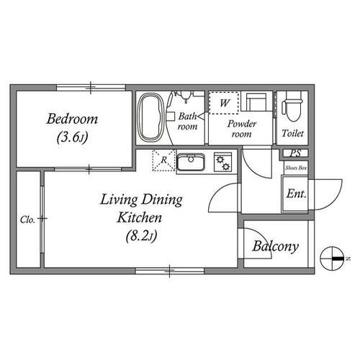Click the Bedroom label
coord(72,119)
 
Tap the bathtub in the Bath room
coord(150,117)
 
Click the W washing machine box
coord(224,103)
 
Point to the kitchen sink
coord(191,162)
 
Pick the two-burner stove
coord(223,162)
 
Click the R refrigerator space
coord(163,160)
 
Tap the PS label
coord(295,153)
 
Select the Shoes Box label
coord(296,168)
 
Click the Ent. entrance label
coord(297,194)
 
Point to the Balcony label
coord(276,246)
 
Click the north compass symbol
coord(332,258)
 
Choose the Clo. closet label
coord(27,220)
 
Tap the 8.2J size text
coord(141,235)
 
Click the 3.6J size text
coord(72,138)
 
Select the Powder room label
coord(242,129)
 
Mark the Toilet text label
coord(292,133)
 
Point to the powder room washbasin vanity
coord(257,102)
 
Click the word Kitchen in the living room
coord(139,217)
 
